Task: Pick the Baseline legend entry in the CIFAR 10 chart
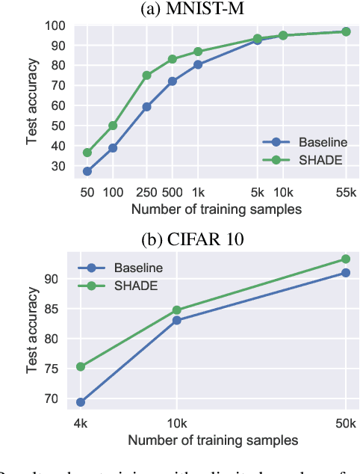point(137,267)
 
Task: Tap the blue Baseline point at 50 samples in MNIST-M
point(87,171)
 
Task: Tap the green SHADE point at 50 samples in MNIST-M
point(87,153)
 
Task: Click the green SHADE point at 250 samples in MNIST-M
point(146,76)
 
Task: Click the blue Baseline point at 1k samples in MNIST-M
point(198,64)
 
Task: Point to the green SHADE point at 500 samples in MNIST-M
point(172,59)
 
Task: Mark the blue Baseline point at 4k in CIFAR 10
point(80,402)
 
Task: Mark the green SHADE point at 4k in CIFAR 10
point(80,366)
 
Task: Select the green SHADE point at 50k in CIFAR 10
point(345,259)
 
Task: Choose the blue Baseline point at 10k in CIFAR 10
point(176,320)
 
